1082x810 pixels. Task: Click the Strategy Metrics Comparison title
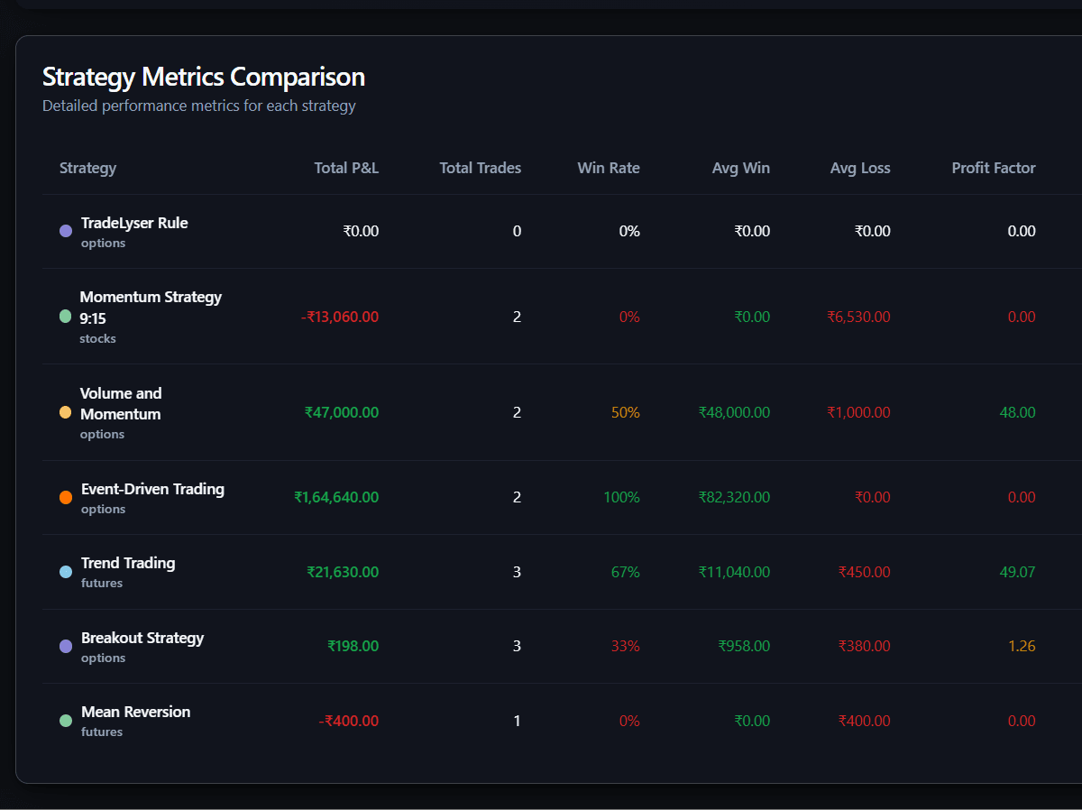pyautogui.click(x=204, y=77)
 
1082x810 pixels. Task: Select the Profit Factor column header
pyautogui.click(x=993, y=168)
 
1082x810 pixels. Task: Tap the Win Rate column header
pyautogui.click(x=608, y=168)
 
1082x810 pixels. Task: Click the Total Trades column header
pyautogui.click(x=480, y=168)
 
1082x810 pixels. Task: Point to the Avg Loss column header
pyautogui.click(x=859, y=168)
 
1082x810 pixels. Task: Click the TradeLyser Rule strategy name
pyautogui.click(x=134, y=223)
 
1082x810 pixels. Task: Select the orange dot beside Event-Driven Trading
pyautogui.click(x=66, y=498)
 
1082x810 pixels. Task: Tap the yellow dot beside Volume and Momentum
pyautogui.click(x=65, y=412)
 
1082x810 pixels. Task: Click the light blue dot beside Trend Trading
pyautogui.click(x=66, y=572)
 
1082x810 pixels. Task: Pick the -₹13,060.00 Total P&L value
pyautogui.click(x=339, y=317)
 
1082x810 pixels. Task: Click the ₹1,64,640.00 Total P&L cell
pyautogui.click(x=336, y=497)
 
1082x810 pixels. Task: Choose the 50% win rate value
pyautogui.click(x=625, y=412)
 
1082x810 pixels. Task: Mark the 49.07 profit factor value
pyautogui.click(x=1017, y=572)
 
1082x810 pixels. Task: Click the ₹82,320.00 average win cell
pyautogui.click(x=734, y=497)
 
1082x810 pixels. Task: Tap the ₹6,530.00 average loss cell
pyautogui.click(x=858, y=317)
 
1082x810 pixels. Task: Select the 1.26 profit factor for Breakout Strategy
pyautogui.click(x=1022, y=646)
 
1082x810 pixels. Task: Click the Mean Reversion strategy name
pyautogui.click(x=135, y=712)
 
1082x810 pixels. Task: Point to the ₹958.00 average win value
pyautogui.click(x=744, y=646)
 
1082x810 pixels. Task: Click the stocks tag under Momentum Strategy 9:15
pyautogui.click(x=97, y=339)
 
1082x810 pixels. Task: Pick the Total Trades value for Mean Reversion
pyautogui.click(x=517, y=721)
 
